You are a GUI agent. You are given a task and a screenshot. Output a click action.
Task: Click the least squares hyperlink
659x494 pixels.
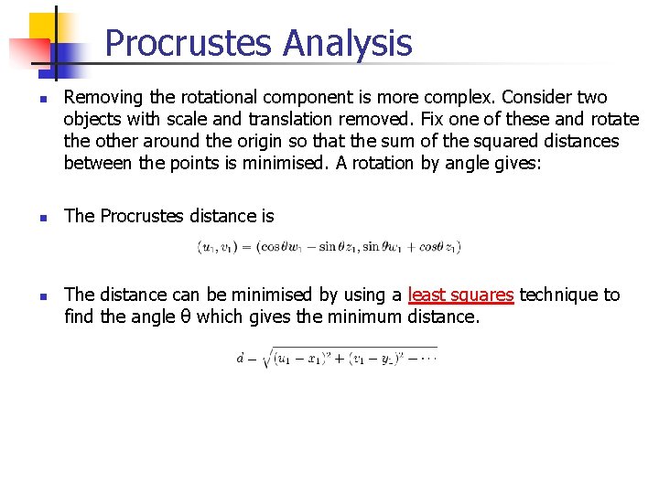click(460, 295)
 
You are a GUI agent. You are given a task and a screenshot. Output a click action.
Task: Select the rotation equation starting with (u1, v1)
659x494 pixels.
click(329, 246)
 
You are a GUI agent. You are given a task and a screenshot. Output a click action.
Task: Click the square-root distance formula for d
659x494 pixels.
click(336, 359)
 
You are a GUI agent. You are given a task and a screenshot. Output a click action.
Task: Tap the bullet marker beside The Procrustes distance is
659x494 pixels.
click(43, 218)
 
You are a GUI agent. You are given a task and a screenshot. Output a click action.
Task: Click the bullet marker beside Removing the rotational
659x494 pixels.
click(43, 99)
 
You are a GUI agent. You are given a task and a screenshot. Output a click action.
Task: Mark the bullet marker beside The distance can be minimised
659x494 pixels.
click(43, 296)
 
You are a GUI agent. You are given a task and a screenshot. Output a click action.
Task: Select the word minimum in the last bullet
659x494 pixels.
click(369, 317)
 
